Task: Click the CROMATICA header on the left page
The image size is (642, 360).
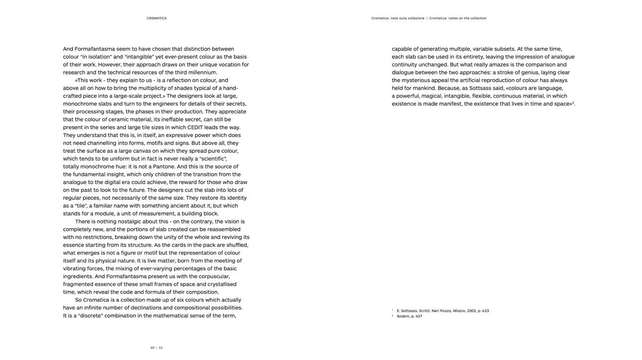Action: (x=157, y=18)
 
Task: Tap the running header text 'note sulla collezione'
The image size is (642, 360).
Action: (x=408, y=18)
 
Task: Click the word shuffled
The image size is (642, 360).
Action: (x=236, y=245)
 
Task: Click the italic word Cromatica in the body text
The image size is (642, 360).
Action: (x=96, y=300)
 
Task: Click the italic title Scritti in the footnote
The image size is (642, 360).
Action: (x=425, y=311)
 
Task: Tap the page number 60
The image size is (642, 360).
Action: (x=152, y=348)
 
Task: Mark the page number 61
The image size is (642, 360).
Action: (x=161, y=348)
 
